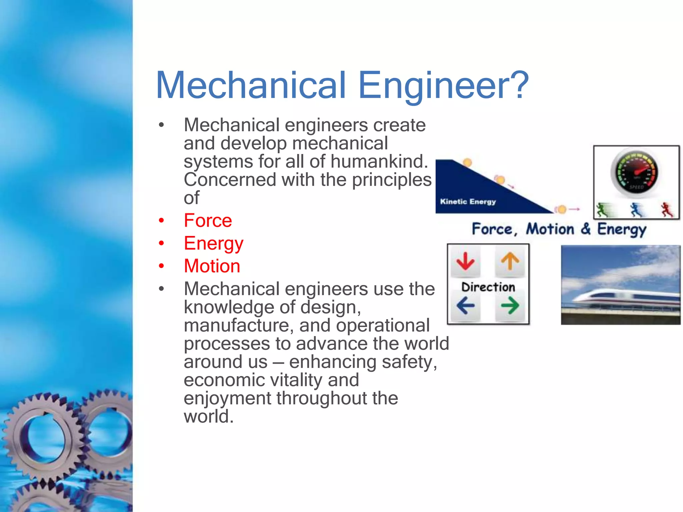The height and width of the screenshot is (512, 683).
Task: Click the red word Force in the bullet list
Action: pyautogui.click(x=208, y=221)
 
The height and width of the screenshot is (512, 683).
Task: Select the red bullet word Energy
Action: pyautogui.click(x=213, y=244)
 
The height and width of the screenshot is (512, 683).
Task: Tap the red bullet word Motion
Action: pyautogui.click(x=212, y=266)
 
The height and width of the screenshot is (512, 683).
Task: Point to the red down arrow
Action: pyautogui.click(x=466, y=262)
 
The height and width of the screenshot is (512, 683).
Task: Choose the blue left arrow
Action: pyautogui.click(x=466, y=305)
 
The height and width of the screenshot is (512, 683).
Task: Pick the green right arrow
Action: pyautogui.click(x=510, y=305)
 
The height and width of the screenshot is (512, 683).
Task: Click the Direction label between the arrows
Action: pyautogui.click(x=488, y=287)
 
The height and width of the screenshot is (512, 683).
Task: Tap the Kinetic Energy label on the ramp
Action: pyautogui.click(x=468, y=202)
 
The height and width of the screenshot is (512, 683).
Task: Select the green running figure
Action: pyautogui.click(x=602, y=210)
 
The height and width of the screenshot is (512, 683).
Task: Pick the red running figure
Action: pyautogui.click(x=667, y=210)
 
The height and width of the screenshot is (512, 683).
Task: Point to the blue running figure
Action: pyautogui.click(x=636, y=210)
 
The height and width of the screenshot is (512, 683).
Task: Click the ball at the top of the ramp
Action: pyautogui.click(x=468, y=163)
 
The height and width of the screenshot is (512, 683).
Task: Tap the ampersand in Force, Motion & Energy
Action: pyautogui.click(x=585, y=229)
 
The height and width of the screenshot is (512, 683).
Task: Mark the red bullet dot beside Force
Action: pyautogui.click(x=161, y=221)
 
